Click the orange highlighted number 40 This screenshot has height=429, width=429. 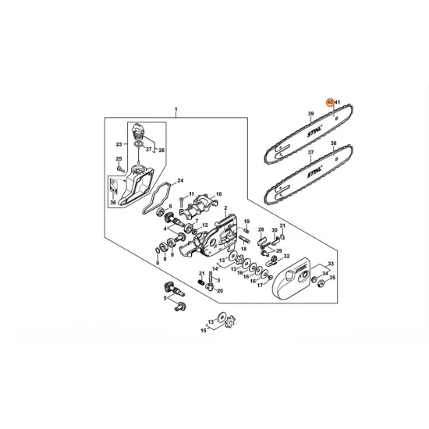point(330,102)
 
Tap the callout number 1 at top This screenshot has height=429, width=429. point(176,109)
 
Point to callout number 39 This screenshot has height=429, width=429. point(310,114)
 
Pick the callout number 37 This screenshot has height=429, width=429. point(310,153)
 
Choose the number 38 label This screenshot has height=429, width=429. point(333,145)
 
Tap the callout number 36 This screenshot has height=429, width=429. point(114,203)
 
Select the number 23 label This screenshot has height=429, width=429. point(119,144)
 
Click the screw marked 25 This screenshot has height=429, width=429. point(119,165)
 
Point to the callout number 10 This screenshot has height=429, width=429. point(219,193)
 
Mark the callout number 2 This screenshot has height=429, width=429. point(225,209)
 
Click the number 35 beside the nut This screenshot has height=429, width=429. point(331,277)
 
